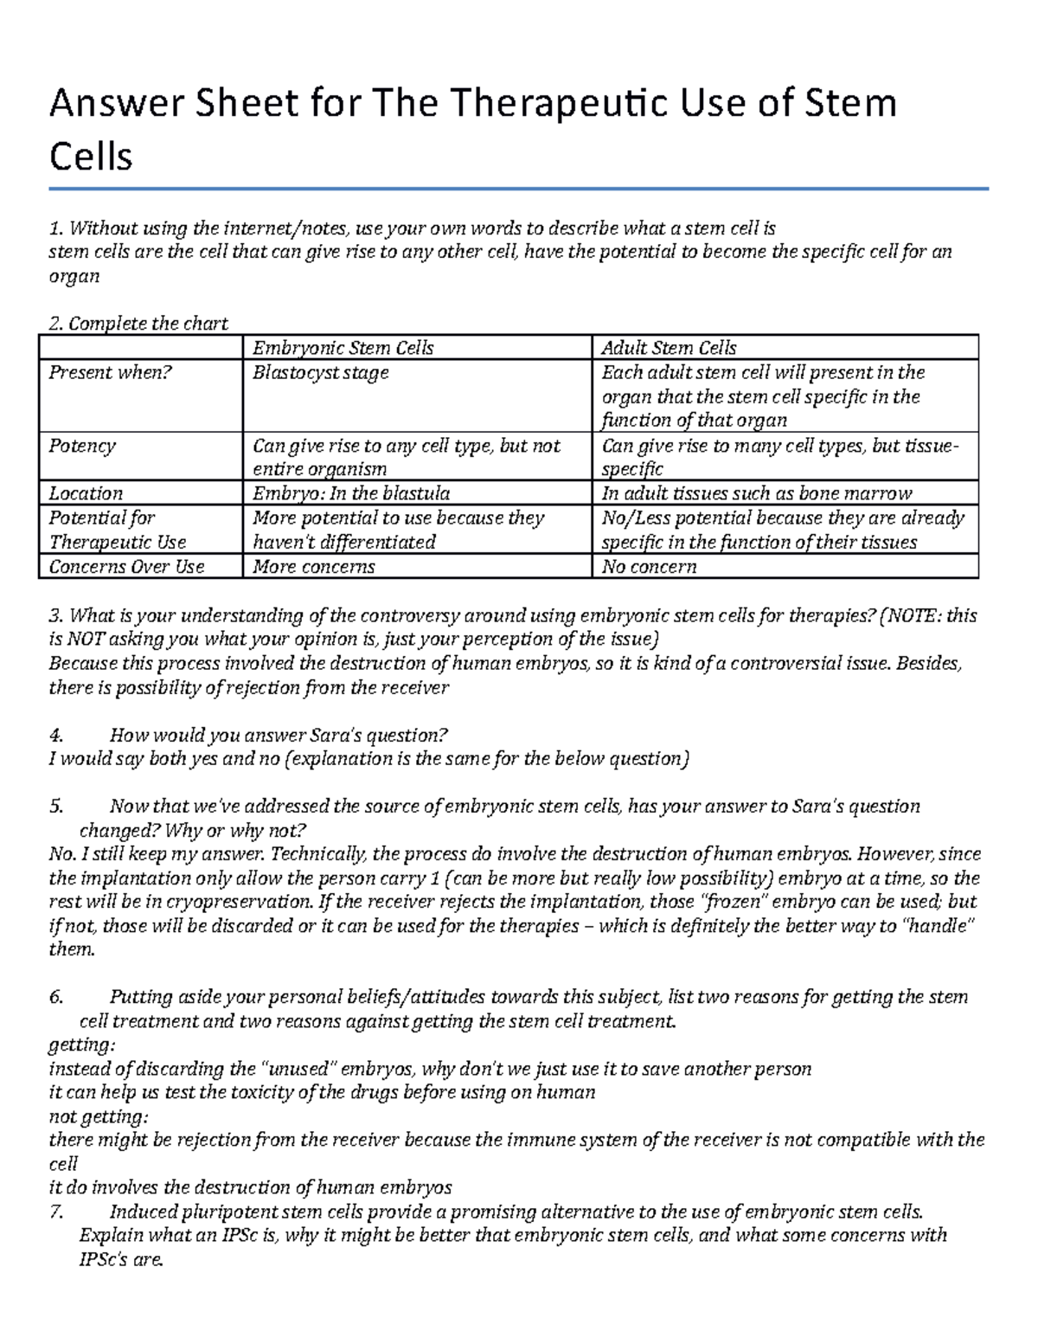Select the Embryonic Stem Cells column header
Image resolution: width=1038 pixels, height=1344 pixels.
click(x=343, y=348)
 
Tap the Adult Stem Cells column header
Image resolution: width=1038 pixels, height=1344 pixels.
click(x=669, y=348)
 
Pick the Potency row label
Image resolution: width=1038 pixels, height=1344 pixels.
click(x=81, y=446)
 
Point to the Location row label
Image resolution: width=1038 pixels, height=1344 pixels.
click(x=86, y=493)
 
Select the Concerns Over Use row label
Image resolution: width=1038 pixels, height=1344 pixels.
click(x=126, y=567)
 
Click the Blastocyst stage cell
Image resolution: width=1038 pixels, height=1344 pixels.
click(x=320, y=373)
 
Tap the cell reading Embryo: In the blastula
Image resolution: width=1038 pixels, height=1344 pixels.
click(x=350, y=493)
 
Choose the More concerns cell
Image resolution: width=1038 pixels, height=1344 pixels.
click(x=313, y=567)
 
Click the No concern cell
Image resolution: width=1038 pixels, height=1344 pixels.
click(x=649, y=567)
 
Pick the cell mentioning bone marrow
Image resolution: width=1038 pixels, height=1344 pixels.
click(x=756, y=493)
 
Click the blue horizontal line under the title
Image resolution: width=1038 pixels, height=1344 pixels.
click(x=519, y=189)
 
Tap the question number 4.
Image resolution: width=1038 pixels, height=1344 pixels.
click(x=56, y=736)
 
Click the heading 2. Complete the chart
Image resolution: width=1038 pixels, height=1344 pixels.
click(x=138, y=324)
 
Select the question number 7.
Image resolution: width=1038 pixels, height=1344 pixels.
click(x=56, y=1212)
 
